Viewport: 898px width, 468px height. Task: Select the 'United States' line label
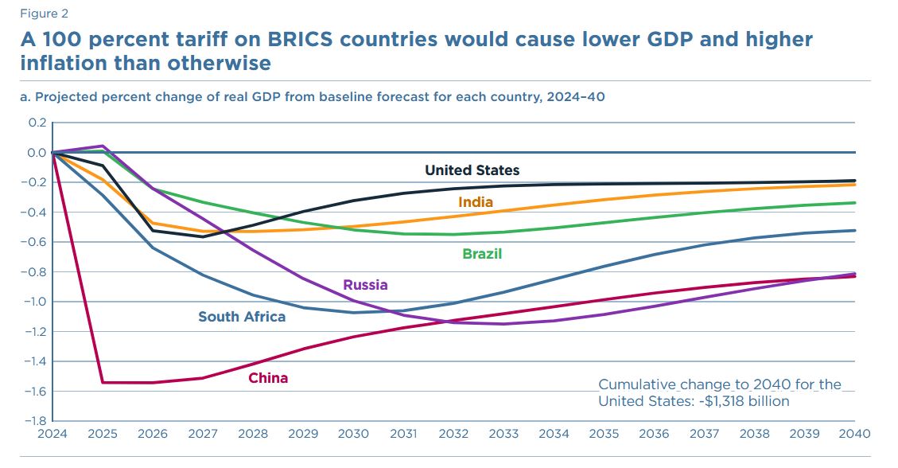click(472, 170)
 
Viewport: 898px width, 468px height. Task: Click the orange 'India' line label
click(476, 202)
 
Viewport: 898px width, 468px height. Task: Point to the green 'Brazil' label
click(482, 255)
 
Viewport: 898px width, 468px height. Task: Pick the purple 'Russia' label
click(365, 285)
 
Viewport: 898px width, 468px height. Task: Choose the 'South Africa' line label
click(242, 317)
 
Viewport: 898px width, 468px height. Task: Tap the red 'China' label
click(268, 378)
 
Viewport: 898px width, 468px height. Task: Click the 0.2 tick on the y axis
click(37, 123)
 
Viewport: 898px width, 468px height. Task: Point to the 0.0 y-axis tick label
click(37, 152)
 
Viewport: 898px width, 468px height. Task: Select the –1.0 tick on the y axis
click(35, 302)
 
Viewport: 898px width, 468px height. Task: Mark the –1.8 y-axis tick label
click(35, 421)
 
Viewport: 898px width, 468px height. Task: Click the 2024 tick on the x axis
click(52, 434)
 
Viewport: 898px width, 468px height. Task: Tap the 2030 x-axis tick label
click(353, 434)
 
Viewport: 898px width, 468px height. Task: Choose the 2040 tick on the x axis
click(854, 434)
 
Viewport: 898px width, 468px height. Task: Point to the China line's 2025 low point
click(103, 383)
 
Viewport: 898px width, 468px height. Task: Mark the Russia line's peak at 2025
click(103, 146)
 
